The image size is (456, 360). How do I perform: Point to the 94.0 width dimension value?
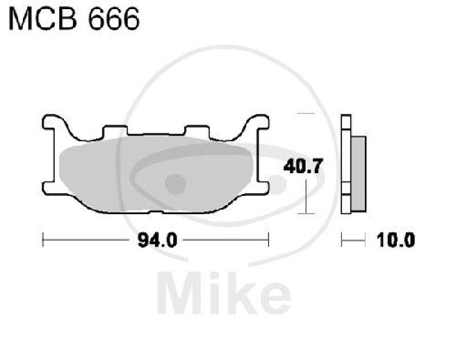tap(155, 240)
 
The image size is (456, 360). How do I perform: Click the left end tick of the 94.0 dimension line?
tap(43, 240)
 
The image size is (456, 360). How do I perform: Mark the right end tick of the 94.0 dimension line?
tap(268, 240)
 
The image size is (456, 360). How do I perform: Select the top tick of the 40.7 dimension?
tap(306, 114)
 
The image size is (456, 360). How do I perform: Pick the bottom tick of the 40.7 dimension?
tap(306, 214)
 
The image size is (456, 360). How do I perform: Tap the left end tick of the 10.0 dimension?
tap(341, 240)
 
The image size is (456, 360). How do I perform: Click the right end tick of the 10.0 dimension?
tap(365, 240)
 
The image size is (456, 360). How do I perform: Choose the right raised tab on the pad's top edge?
tap(197, 132)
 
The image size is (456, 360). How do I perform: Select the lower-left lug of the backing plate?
tap(50, 189)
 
